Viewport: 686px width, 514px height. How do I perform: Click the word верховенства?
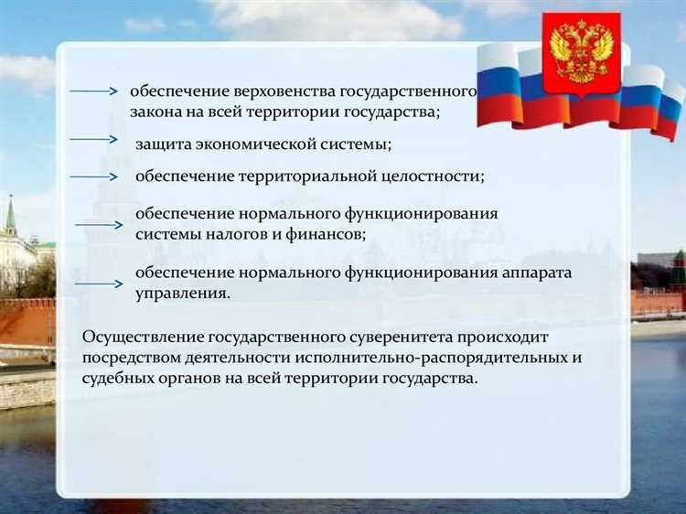coord(286,91)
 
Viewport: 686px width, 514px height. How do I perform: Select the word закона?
coord(153,112)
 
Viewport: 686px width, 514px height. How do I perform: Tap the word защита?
coord(159,144)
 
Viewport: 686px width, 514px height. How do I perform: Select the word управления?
coord(182,294)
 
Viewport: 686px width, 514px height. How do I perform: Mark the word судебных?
coord(114,378)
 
